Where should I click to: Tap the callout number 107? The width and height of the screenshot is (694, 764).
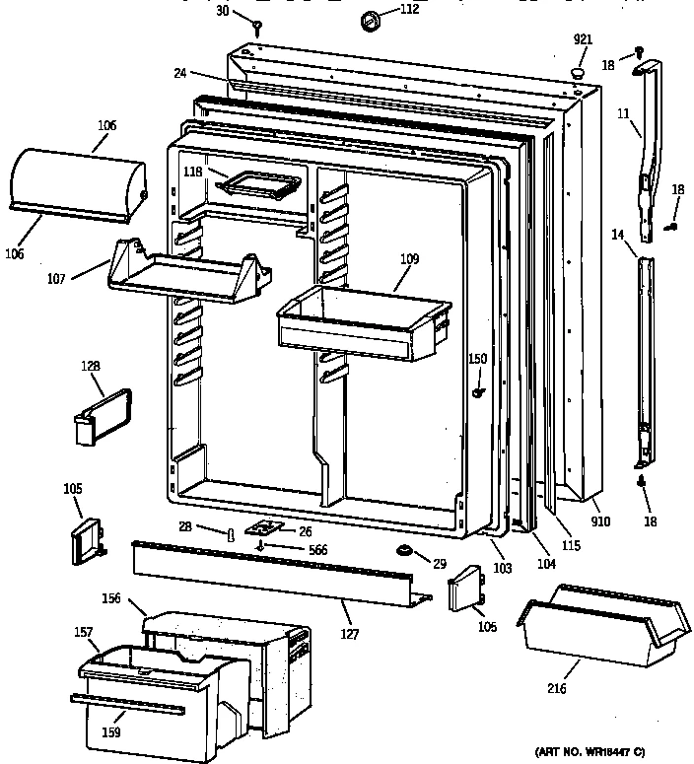point(56,279)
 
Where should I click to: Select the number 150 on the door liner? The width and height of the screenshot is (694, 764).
point(477,359)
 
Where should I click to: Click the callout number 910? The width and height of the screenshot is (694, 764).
point(600,521)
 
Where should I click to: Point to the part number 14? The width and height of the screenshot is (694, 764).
point(616,235)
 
